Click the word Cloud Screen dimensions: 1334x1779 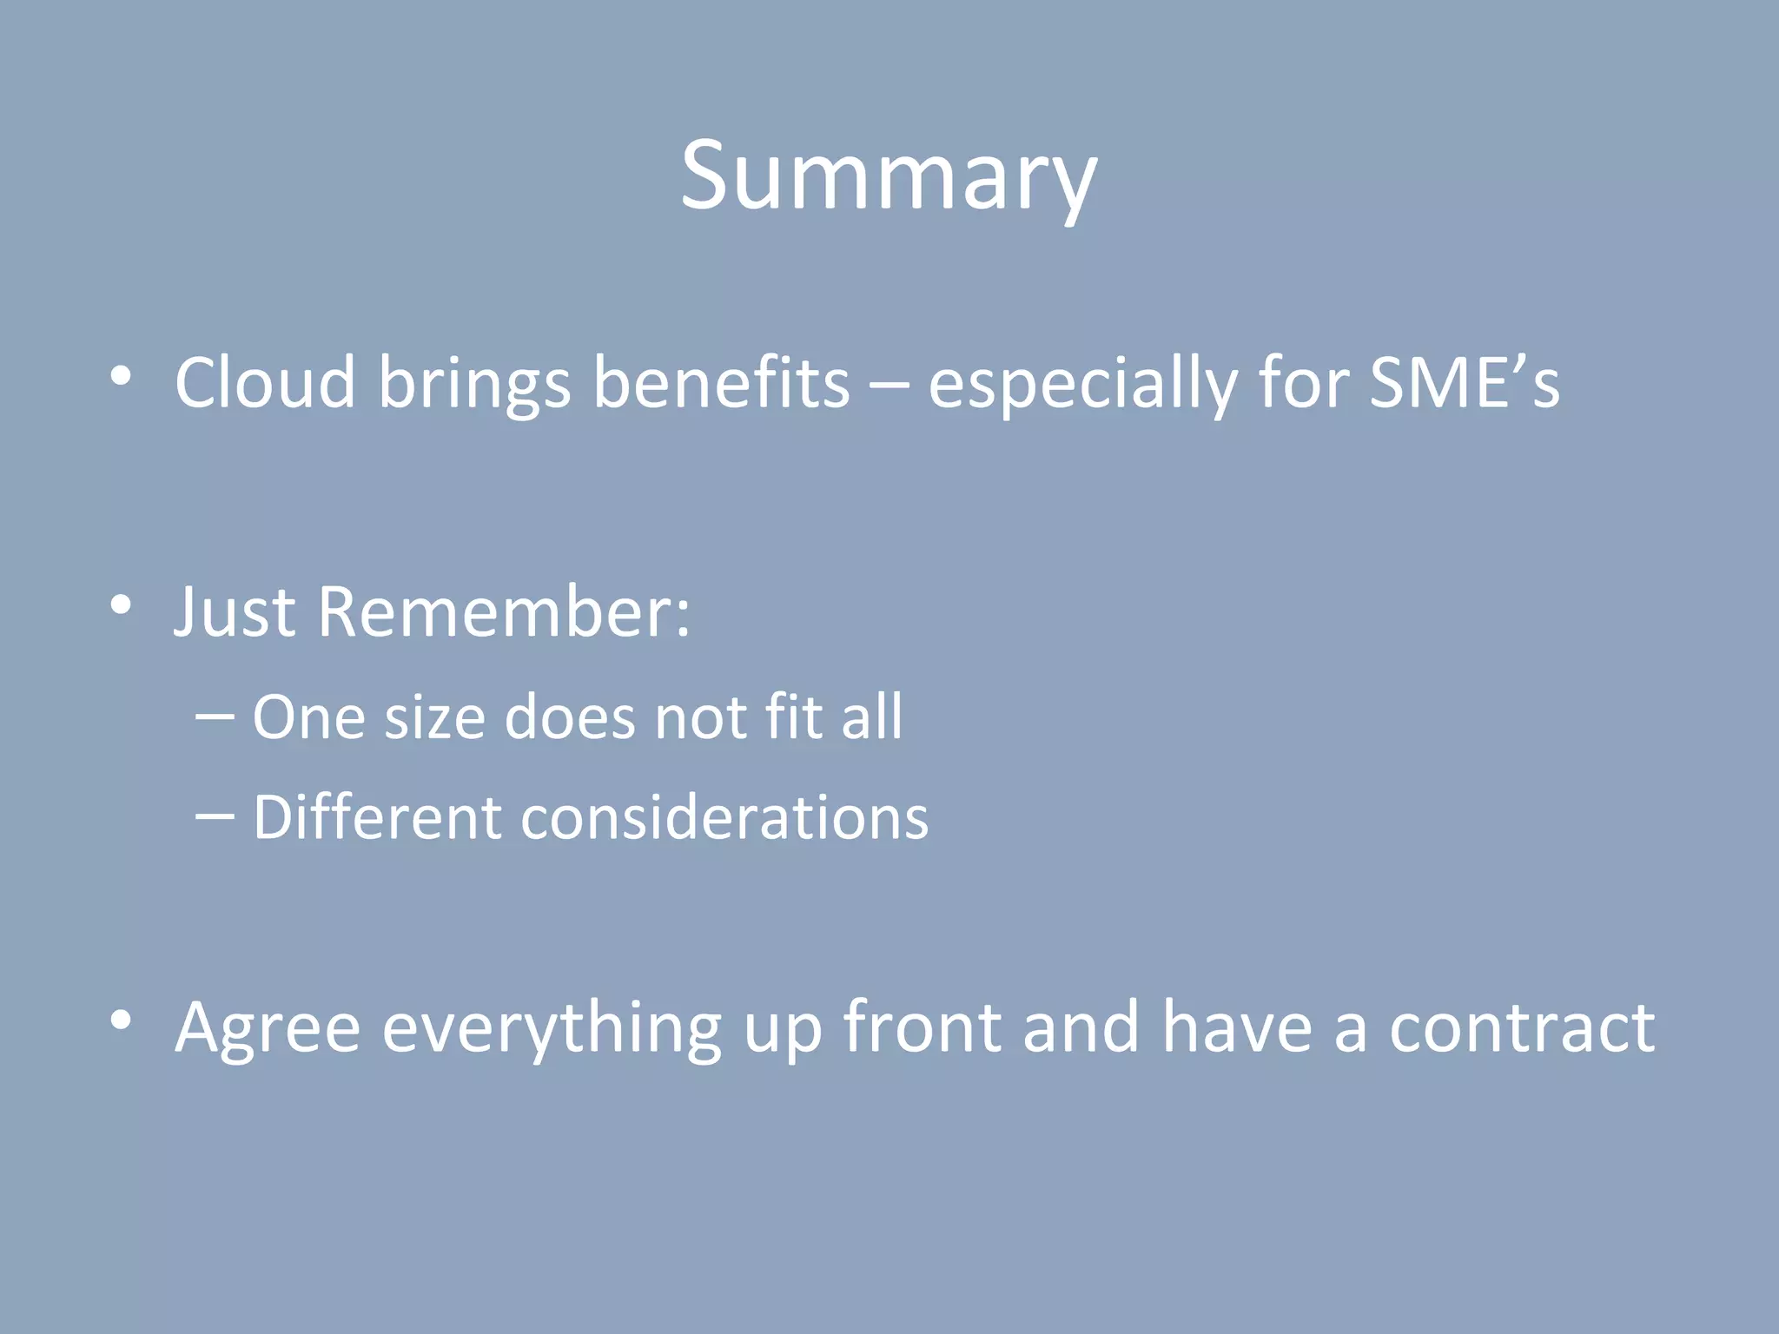265,383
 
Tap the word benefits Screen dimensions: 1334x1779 721,383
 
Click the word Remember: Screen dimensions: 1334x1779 504,612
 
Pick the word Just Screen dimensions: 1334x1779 235,612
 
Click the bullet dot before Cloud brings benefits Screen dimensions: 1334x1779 122,376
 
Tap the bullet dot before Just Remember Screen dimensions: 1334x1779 122,605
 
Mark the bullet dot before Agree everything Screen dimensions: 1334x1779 122,1020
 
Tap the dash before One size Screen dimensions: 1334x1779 215,717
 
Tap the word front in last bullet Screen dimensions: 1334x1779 923,1027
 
